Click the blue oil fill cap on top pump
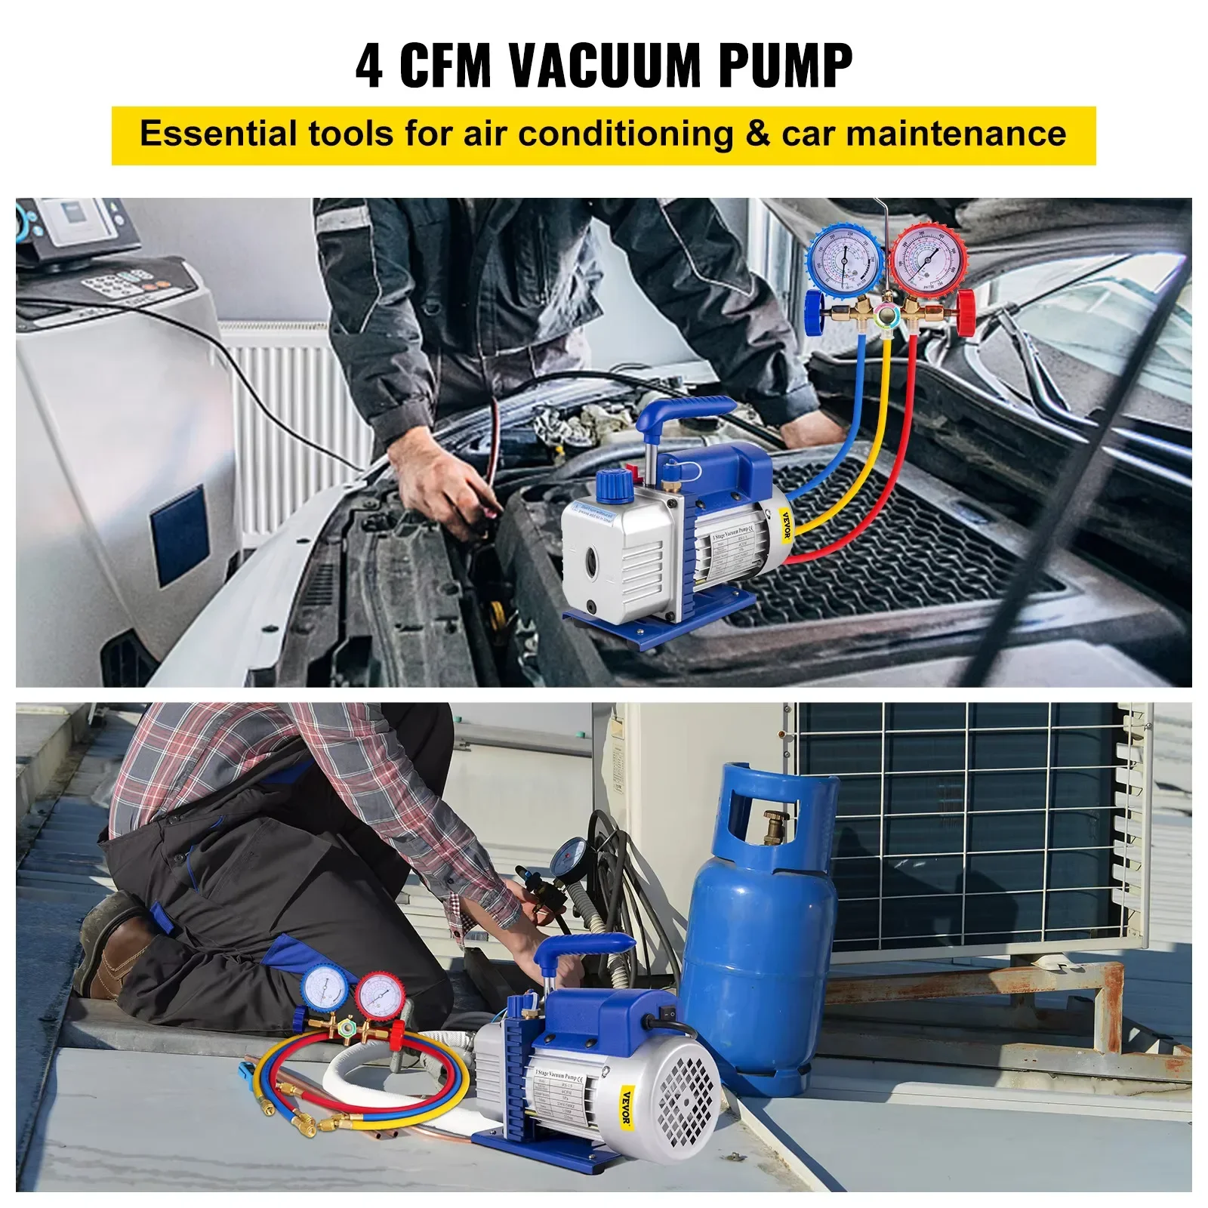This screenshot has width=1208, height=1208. tap(616, 484)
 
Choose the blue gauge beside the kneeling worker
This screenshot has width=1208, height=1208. tap(325, 991)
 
